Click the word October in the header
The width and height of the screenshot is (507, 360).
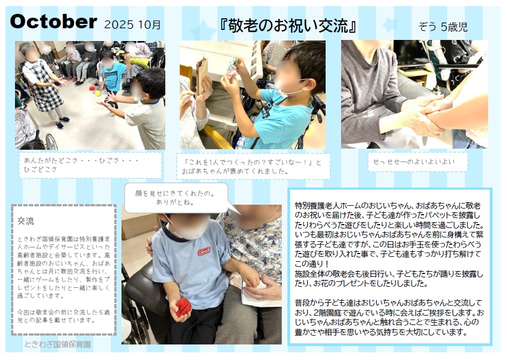point(54,22)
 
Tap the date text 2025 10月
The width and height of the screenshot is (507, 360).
point(132,24)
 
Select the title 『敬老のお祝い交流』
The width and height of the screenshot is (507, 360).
point(287,26)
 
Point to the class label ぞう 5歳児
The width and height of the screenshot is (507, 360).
point(443,27)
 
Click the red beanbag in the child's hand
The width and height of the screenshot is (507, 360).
point(180,308)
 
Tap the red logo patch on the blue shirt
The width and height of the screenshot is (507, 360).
point(204,251)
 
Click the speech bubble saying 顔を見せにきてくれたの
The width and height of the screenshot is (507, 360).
point(176,198)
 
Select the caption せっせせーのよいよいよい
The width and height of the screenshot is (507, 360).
point(414,162)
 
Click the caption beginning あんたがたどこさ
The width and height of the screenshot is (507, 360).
point(81,165)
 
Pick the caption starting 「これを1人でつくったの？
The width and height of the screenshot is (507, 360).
point(252,166)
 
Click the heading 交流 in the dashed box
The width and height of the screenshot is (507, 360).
point(26,221)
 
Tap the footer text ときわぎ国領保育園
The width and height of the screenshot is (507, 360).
point(58,344)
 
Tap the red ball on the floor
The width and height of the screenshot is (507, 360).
point(92,88)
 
